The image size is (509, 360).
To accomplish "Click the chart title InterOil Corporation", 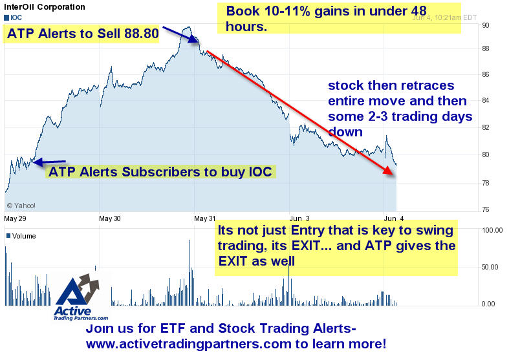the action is pyautogui.click(x=45, y=7).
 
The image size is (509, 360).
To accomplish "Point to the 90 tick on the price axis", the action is pyautogui.click(x=486, y=25).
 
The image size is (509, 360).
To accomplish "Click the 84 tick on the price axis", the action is pyautogui.click(x=486, y=100).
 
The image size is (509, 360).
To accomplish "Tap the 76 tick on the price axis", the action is pyautogui.click(x=486, y=209).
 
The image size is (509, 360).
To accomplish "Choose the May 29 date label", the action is pyautogui.click(x=15, y=218).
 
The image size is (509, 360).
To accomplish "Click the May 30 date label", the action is pyautogui.click(x=110, y=218).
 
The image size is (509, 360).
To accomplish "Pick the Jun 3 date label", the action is pyautogui.click(x=299, y=218).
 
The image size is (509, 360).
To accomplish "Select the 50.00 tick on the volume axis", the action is pyautogui.click(x=490, y=267).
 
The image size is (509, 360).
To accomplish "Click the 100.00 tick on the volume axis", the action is pyautogui.click(x=492, y=230).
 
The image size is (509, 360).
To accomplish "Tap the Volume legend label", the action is pyautogui.click(x=21, y=236).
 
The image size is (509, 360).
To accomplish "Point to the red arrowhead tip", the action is pyautogui.click(x=393, y=175).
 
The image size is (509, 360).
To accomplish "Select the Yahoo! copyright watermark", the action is pyautogui.click(x=21, y=206).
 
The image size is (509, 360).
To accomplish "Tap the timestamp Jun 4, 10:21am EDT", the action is pyautogui.click(x=444, y=17).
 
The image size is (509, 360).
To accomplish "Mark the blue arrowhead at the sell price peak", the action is pyautogui.click(x=195, y=40).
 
